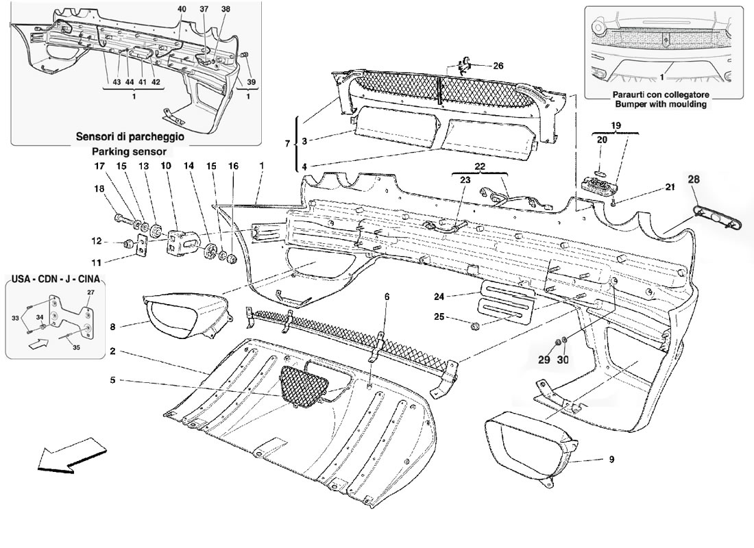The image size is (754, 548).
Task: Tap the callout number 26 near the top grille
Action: click(x=498, y=66)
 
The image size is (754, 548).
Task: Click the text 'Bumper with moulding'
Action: click(x=661, y=104)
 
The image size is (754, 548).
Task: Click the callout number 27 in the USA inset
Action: click(x=90, y=292)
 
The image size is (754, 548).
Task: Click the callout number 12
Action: click(x=97, y=241)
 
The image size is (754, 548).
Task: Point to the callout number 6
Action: click(x=386, y=297)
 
